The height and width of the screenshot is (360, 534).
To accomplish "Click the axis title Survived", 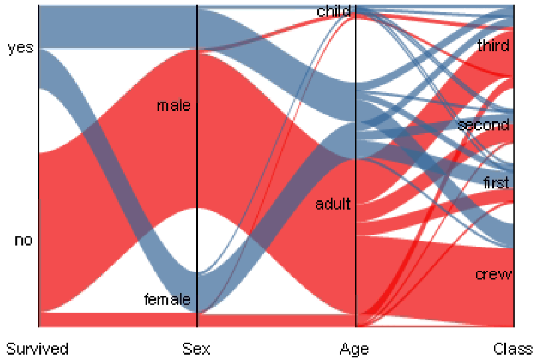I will tap(37, 348).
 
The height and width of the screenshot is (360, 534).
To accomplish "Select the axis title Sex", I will tap(197, 348).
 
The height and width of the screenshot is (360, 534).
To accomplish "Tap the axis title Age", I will tap(354, 348).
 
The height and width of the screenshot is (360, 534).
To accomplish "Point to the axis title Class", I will tap(513, 348).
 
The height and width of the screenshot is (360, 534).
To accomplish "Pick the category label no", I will tap(23, 240).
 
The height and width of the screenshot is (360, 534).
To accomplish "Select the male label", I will tap(174, 106).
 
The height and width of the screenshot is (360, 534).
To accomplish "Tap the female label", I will tap(168, 299).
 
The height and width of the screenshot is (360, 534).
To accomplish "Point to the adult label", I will tap(333, 204).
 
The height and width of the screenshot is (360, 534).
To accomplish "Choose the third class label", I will tap(493, 46).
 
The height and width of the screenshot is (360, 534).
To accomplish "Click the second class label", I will tap(483, 124).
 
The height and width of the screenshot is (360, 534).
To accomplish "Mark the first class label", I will tap(495, 182).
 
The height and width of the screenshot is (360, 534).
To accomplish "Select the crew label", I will tap(493, 274).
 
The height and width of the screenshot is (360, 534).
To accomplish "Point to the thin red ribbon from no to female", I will tap(113, 319).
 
